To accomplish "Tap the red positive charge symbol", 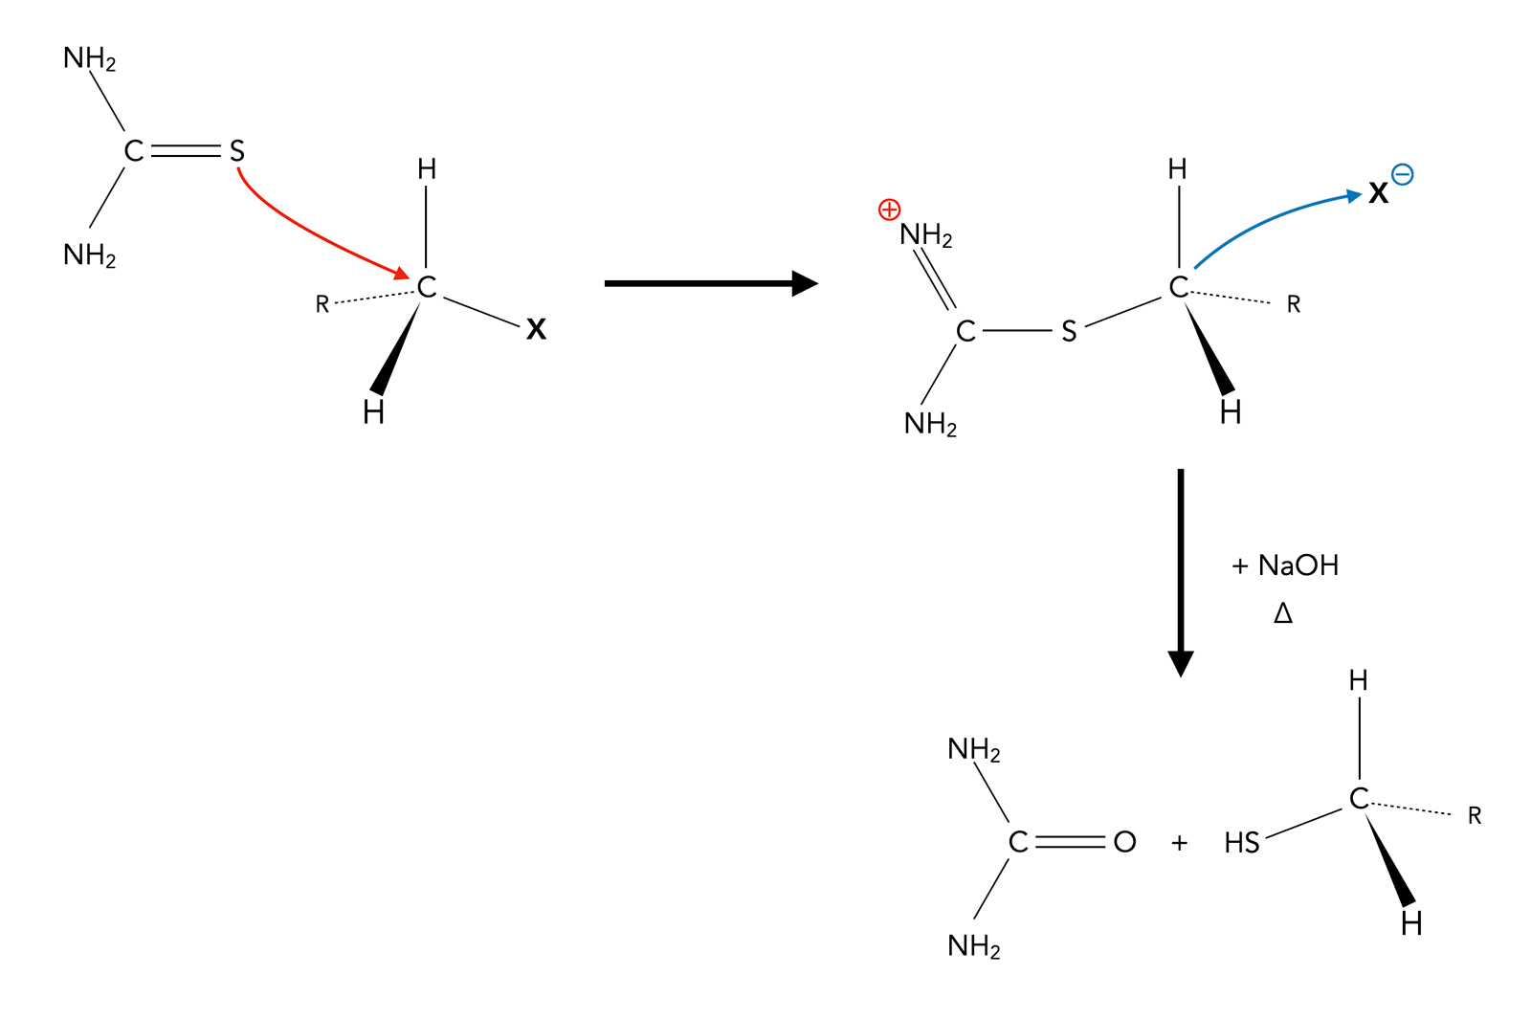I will click(889, 210).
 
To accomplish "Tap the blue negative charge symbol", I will click(1402, 174).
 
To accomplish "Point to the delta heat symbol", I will click(1283, 613).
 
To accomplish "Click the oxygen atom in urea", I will click(1124, 842).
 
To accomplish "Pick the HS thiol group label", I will click(1242, 843).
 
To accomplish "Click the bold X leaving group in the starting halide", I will click(536, 329).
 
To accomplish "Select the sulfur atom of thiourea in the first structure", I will click(236, 151).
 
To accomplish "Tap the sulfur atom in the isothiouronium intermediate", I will click(1069, 331).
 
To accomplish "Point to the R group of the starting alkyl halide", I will click(322, 304).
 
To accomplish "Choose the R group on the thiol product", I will click(1474, 816).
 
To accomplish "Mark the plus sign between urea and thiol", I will click(1179, 843).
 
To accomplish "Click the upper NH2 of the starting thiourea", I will click(90, 59).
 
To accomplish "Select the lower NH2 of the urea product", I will click(974, 946).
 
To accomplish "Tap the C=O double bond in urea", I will click(1070, 842).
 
